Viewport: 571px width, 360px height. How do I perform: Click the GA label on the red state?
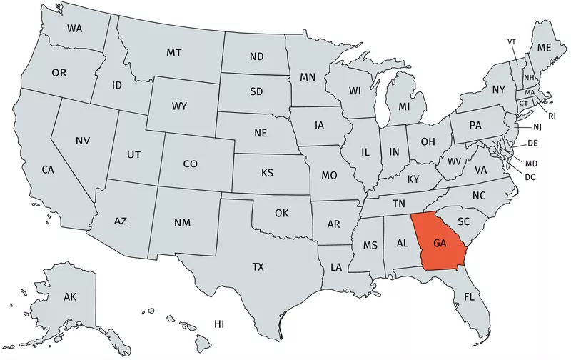[440, 244]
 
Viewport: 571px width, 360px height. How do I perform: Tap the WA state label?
[74, 29]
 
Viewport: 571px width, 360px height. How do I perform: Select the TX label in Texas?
[258, 267]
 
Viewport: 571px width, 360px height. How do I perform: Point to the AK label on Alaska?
[70, 296]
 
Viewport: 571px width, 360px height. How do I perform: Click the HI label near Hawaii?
[220, 324]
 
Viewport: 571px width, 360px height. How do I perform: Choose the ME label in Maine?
[545, 47]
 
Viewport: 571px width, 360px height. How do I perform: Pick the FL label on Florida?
[469, 296]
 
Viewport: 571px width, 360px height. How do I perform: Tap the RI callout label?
[552, 114]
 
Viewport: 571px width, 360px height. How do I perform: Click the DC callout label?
[530, 176]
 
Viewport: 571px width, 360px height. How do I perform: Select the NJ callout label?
[537, 127]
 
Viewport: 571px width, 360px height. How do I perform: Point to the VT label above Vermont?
[512, 42]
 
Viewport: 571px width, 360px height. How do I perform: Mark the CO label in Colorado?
[190, 164]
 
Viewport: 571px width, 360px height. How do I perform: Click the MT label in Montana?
[173, 53]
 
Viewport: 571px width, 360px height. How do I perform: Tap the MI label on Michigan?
[404, 106]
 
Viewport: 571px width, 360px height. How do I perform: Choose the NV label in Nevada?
[83, 141]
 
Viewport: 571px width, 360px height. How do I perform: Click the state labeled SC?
[463, 221]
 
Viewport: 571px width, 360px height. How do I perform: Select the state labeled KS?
[267, 173]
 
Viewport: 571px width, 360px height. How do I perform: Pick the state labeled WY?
[179, 106]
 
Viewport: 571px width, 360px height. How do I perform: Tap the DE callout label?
[532, 144]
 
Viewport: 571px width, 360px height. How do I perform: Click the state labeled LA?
[335, 267]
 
